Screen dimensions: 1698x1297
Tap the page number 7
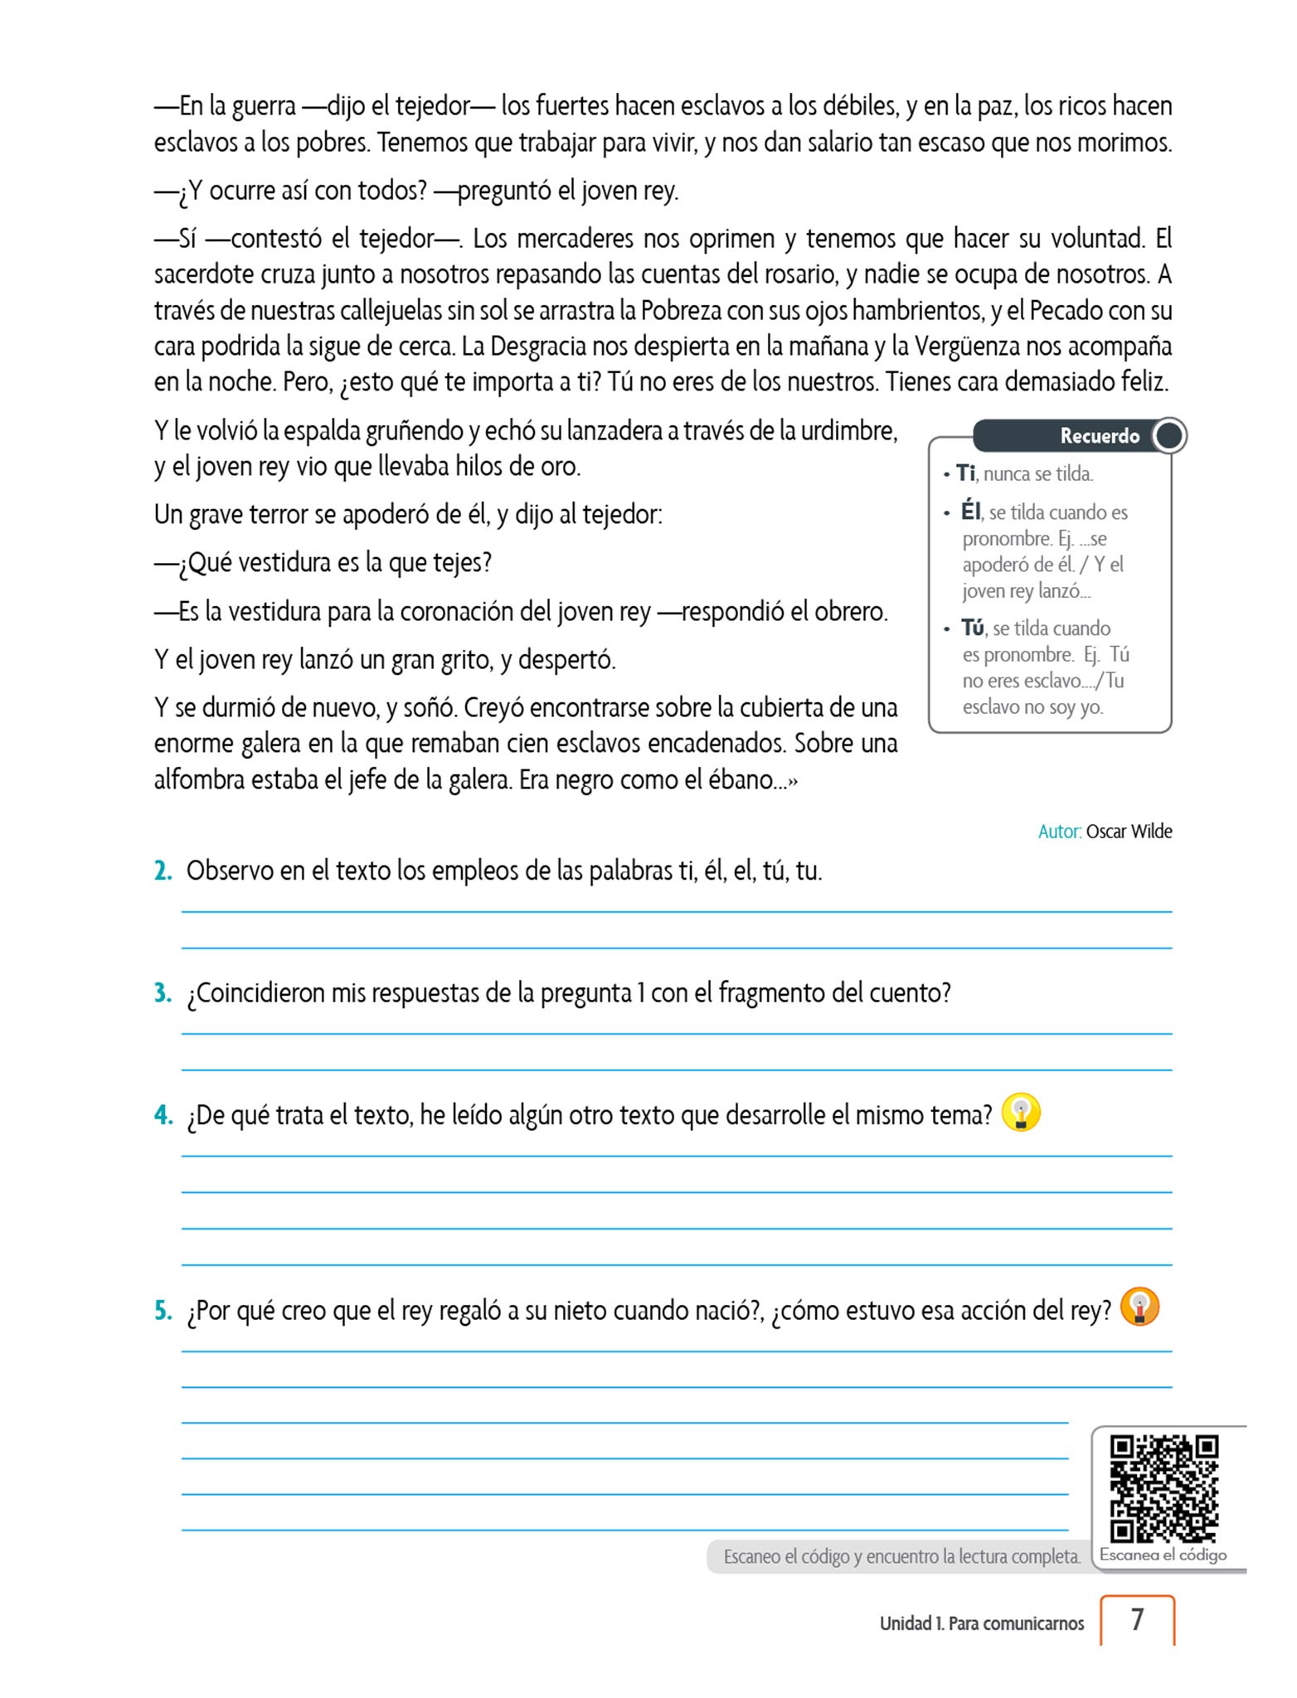pos(1137,1619)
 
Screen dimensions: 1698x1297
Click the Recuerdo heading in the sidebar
pos(1100,436)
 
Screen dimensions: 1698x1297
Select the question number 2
pos(163,871)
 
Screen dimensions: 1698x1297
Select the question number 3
pos(163,993)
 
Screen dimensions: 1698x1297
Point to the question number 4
pos(163,1115)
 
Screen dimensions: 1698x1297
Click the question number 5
pos(163,1311)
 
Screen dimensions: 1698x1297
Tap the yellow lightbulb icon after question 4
pos(1021,1113)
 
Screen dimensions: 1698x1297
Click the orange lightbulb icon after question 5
pos(1139,1307)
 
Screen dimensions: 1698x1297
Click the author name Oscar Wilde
pos(1129,832)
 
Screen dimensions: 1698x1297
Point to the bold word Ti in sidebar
pos(965,473)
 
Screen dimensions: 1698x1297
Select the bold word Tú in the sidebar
pos(973,628)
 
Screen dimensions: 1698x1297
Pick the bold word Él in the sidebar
pos(970,512)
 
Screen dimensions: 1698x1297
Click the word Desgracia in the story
pos(538,347)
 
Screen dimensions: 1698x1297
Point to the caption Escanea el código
pos(1163,1555)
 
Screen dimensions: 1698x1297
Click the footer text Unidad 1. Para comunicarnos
pos(981,1623)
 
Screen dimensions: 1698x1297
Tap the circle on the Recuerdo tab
pos(1169,436)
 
